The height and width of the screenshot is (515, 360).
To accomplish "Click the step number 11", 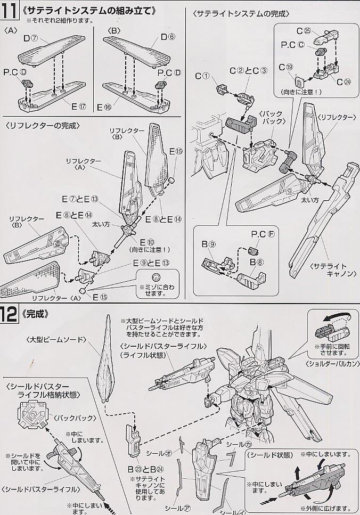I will point(9,10).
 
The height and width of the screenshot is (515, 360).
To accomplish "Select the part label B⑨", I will point(211,246).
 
